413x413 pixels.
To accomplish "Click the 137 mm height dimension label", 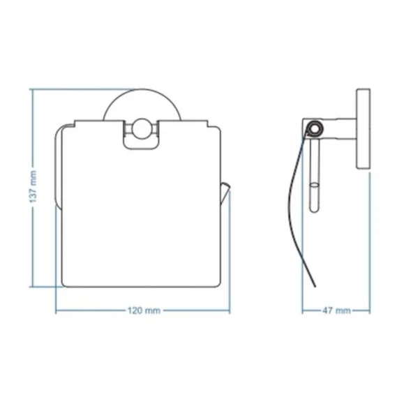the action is [33, 186].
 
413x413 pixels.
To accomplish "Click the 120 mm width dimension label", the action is [144, 311].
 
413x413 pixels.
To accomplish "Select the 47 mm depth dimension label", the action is [336, 311].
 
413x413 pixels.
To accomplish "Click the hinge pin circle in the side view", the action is [315, 129].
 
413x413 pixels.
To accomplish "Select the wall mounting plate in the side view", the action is [363, 128].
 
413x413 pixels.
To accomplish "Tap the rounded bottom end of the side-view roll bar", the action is [314, 209].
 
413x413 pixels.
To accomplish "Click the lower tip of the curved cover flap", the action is [315, 286].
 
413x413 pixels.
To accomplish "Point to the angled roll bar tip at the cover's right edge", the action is [225, 193].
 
